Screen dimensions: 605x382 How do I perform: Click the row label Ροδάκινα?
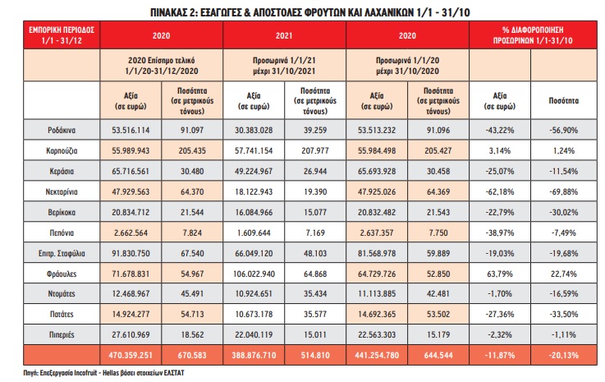62,130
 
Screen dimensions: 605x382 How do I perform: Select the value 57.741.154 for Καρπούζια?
254,150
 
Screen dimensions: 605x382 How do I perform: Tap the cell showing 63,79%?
500,274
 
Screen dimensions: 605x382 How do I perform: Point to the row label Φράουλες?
62,274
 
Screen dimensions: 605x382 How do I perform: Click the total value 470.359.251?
131,355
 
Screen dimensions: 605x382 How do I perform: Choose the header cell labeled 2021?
284,35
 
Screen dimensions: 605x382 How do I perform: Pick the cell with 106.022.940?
254,274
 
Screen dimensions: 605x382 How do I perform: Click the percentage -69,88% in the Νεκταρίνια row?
564,191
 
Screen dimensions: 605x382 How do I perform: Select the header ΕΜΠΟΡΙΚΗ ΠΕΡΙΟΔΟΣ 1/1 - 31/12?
62,35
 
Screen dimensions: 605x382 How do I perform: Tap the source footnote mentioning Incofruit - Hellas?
103,373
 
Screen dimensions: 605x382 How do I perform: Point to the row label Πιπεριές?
62,335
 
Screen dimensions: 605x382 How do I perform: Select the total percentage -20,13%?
564,355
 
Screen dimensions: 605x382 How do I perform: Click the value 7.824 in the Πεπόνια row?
192,233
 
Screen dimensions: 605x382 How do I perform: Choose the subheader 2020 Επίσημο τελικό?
161,60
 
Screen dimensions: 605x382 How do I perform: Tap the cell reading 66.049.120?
254,253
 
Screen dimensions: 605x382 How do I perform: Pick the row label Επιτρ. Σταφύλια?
62,253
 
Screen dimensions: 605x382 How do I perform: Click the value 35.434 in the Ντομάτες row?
315,293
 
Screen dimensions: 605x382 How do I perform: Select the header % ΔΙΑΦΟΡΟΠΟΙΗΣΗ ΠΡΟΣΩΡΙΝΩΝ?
533,35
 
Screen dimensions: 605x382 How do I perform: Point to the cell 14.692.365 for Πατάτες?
377,314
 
